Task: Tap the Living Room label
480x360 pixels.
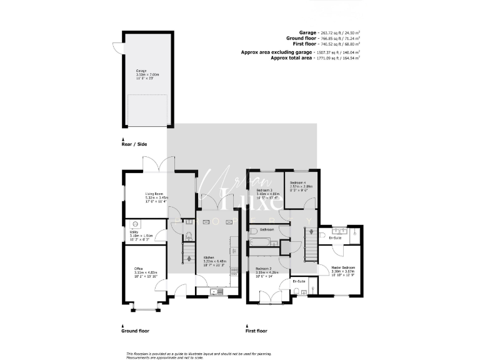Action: pyautogui.click(x=154, y=194)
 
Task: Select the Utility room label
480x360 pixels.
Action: pyautogui.click(x=134, y=232)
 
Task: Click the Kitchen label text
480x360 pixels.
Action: pyautogui.click(x=209, y=257)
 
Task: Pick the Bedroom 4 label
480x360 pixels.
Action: pyautogui.click(x=297, y=182)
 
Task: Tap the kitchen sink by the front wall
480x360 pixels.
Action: pyautogui.click(x=217, y=291)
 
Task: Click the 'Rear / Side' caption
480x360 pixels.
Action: pyautogui.click(x=134, y=144)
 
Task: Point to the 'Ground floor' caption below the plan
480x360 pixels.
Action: pyautogui.click(x=136, y=331)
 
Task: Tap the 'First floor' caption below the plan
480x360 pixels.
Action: pyautogui.click(x=257, y=331)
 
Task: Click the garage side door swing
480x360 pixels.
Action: pyautogui.click(x=117, y=47)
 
